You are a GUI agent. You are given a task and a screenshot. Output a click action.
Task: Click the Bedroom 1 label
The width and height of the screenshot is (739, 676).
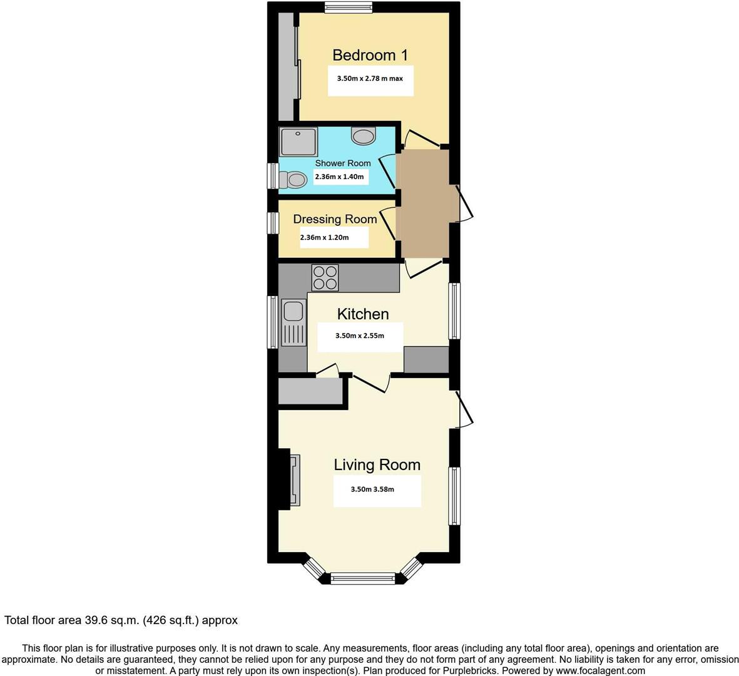(370, 55)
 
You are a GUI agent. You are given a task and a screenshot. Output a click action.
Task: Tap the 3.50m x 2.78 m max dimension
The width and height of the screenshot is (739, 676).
(370, 79)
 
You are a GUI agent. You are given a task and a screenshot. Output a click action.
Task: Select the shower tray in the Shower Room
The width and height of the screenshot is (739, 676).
(298, 141)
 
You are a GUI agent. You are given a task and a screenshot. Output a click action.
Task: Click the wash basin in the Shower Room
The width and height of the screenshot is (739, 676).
(364, 135)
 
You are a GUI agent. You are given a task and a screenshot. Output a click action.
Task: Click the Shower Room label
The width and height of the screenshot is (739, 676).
(342, 163)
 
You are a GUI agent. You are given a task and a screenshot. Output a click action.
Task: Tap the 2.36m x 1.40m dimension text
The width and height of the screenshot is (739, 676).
(339, 177)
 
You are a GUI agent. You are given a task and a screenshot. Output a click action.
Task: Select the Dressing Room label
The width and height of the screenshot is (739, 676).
(335, 219)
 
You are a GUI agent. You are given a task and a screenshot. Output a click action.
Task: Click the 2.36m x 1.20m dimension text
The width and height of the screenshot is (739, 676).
(324, 238)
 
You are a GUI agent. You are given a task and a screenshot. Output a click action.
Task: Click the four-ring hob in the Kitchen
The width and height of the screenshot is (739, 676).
(325, 277)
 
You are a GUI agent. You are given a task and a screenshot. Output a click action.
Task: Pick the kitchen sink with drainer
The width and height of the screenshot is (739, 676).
(293, 322)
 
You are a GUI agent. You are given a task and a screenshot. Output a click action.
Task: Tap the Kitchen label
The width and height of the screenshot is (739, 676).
(363, 314)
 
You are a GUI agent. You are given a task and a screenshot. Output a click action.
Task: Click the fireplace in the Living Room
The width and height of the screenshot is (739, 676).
(293, 479)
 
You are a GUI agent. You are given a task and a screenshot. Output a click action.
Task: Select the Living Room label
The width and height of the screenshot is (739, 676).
(377, 464)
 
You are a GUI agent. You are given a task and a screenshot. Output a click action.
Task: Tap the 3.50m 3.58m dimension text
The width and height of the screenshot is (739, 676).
(372, 489)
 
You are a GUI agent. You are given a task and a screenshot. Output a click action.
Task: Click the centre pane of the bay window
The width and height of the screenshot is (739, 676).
(363, 579)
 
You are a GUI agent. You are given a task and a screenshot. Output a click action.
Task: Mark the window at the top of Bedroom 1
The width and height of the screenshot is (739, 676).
(349, 7)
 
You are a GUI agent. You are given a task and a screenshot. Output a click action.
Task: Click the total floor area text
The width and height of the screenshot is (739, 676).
(121, 620)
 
